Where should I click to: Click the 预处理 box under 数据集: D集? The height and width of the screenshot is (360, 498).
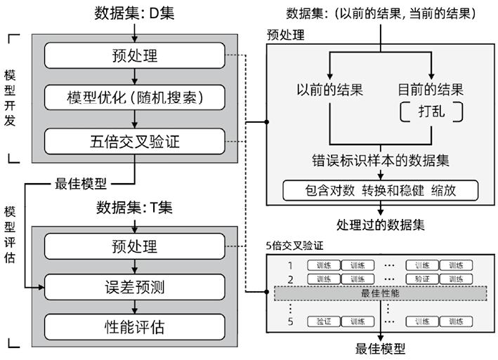pos(135,54)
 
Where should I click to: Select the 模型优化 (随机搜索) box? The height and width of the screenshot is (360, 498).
pos(135,96)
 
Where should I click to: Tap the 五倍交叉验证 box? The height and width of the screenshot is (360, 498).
pos(135,141)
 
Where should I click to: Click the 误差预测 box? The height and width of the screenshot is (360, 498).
pos(135,286)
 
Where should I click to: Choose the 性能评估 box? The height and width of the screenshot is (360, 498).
pos(135,326)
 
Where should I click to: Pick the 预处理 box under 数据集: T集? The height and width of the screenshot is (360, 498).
pos(135,246)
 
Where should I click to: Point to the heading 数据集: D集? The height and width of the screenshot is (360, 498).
pos(134,13)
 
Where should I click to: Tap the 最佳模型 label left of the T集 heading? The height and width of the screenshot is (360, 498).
pos(81,185)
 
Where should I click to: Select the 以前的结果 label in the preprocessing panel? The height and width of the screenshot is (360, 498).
pos(329,90)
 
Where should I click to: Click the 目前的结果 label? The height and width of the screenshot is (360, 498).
pos(430,90)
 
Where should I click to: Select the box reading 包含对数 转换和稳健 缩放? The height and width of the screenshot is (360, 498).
pos(380,189)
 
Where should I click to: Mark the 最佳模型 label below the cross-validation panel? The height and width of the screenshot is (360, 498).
pos(380,348)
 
